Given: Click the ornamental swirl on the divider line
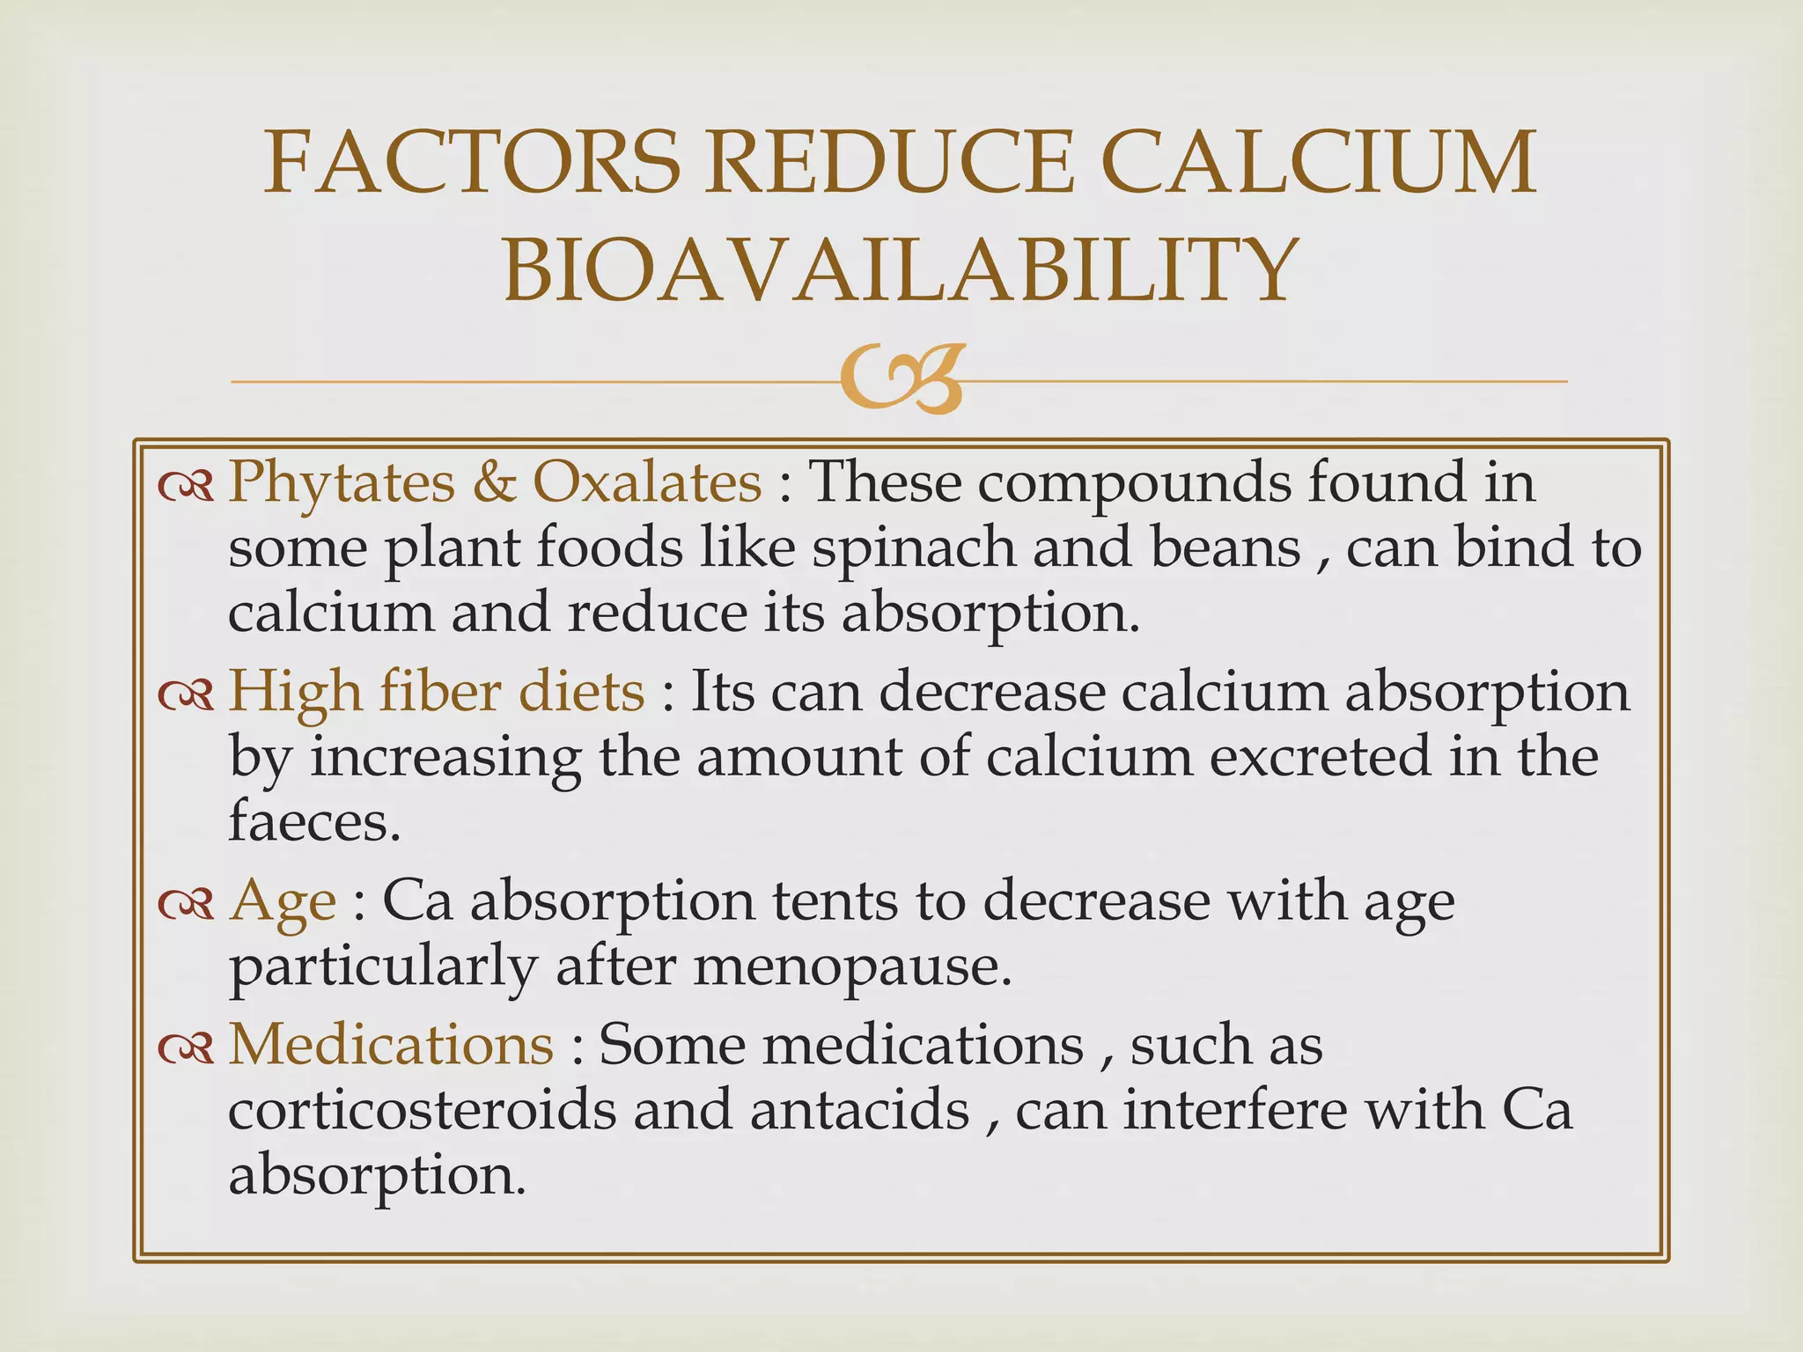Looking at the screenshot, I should pyautogui.click(x=900, y=380).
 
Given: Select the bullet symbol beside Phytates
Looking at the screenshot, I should pyautogui.click(x=186, y=484).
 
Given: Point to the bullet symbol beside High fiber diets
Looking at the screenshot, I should pyautogui.click(x=186, y=694).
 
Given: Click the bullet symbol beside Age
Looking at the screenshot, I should pyautogui.click(x=186, y=903).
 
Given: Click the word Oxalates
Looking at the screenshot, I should pyautogui.click(x=647, y=482).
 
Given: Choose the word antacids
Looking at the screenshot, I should pyautogui.click(x=859, y=1111).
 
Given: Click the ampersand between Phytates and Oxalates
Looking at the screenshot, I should pyautogui.click(x=493, y=482).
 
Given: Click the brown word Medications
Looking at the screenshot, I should pyautogui.click(x=391, y=1045).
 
